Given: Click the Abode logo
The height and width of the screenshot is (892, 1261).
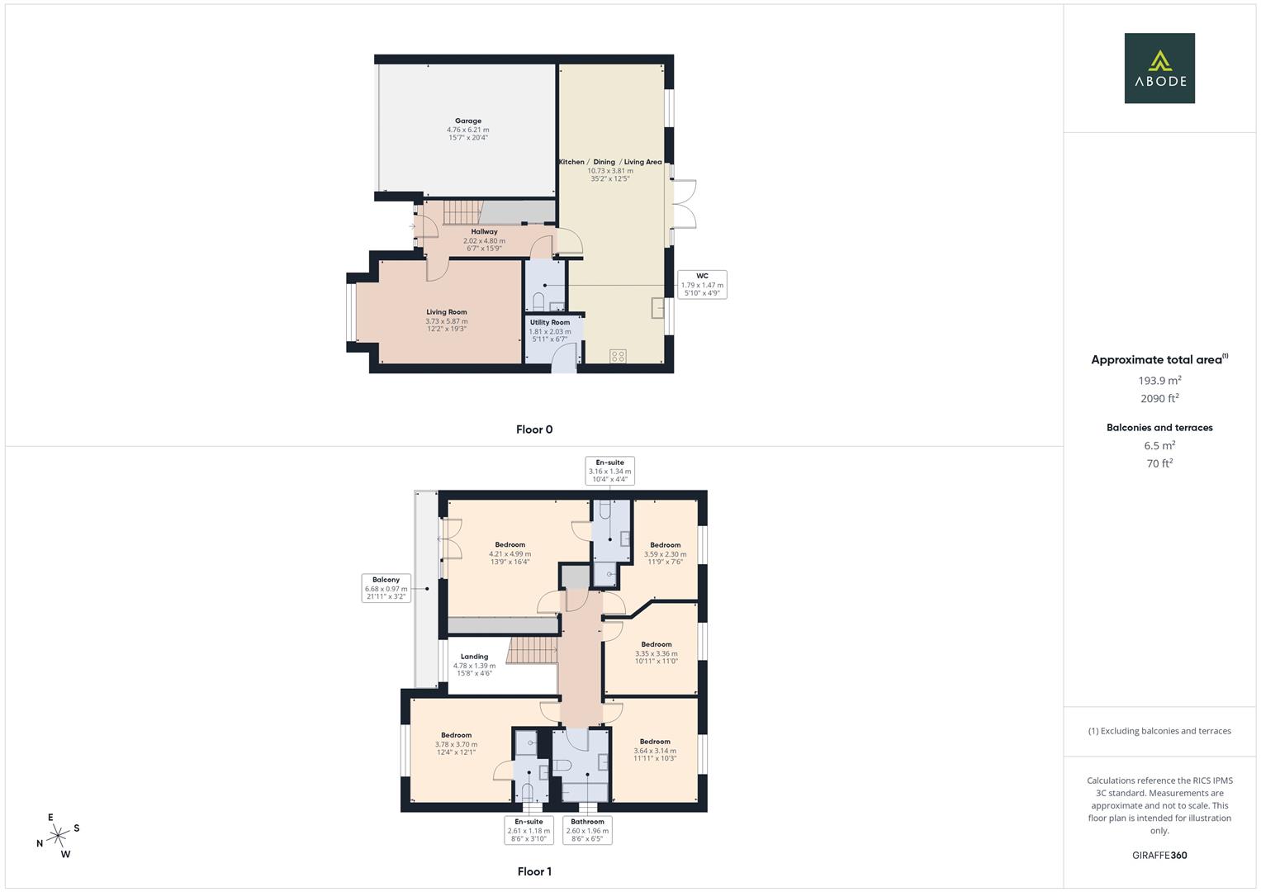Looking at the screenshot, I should pos(1159,68).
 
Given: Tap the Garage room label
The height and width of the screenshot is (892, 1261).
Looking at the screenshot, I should pos(468,130).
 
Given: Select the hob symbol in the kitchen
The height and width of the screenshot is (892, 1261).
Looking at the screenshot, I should pos(618,356).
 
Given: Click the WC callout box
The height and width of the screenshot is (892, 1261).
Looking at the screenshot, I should pos(702,284).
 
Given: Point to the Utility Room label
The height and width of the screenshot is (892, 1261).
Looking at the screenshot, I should pos(550,327).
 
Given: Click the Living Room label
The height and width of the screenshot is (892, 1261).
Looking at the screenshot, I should pos(447,320).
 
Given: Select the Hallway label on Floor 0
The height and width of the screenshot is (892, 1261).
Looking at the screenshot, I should pos(484,240).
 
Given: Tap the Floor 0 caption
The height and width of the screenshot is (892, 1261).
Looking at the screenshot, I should pos(534,429).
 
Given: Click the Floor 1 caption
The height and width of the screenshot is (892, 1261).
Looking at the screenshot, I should pos(534,871).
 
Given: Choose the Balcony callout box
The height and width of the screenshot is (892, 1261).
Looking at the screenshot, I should pos(386,588).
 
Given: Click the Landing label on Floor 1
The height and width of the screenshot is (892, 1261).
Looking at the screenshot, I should pos(475,665).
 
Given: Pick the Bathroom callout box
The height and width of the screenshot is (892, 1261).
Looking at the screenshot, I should pos(587,830).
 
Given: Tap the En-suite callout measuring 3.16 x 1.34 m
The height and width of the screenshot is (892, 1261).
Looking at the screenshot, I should pos(609,471).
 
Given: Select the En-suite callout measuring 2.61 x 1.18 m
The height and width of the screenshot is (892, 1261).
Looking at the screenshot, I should pos(529,830).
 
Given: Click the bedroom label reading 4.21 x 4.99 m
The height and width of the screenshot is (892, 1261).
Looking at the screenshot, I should pos(510,553).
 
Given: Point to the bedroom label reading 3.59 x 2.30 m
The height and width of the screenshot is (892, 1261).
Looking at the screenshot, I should pos(665,553).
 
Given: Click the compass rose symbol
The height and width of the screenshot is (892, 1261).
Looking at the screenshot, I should pos(58,836).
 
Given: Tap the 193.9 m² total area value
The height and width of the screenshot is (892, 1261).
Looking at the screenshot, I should pos(1159,381).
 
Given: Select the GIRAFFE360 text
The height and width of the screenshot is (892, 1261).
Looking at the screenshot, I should pos(1159,856).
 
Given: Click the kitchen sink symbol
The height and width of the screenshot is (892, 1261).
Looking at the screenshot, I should pos(659,307).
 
